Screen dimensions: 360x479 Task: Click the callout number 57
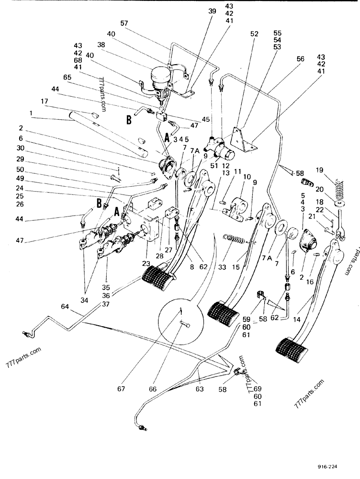coord(124,23)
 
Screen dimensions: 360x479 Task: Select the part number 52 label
coord(254,34)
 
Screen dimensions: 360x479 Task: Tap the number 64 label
coord(65,306)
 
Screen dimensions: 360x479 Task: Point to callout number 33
coord(222,267)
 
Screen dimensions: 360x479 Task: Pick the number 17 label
coord(44,101)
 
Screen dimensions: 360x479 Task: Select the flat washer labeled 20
coord(339,204)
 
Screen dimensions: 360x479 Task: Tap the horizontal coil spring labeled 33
coord(235,239)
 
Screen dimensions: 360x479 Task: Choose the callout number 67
coord(121,389)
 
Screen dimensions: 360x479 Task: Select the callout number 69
coord(258,389)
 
